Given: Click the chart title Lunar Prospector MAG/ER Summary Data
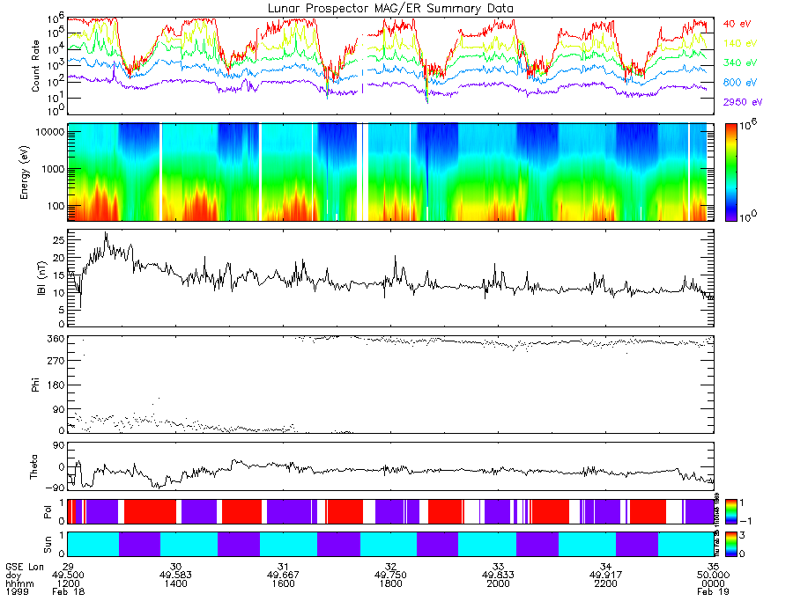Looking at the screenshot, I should pyautogui.click(x=391, y=8).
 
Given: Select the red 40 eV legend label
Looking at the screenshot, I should pyautogui.click(x=737, y=24).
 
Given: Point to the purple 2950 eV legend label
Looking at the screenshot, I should pyautogui.click(x=741, y=102).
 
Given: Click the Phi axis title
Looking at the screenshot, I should pyautogui.click(x=36, y=385).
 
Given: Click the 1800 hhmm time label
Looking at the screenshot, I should pyautogui.click(x=390, y=583).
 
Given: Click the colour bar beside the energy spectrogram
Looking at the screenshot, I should pyautogui.click(x=731, y=172).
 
